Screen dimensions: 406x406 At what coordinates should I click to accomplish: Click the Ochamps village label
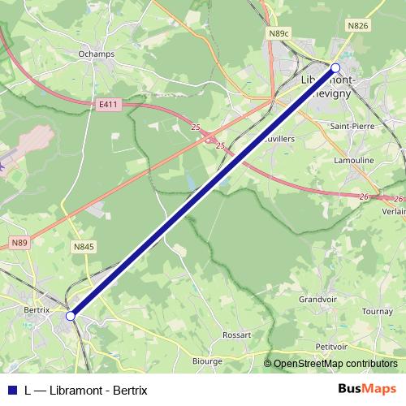(x=97, y=54)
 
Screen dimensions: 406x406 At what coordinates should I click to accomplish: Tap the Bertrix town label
(x=38, y=309)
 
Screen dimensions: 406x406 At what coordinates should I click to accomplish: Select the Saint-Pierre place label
(x=351, y=127)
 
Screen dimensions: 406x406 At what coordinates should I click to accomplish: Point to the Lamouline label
(x=354, y=161)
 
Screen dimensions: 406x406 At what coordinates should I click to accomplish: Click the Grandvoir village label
(x=317, y=299)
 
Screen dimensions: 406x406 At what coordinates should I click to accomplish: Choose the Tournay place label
(x=377, y=311)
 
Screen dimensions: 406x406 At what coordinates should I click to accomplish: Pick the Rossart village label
(x=236, y=334)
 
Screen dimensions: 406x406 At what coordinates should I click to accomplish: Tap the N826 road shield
(x=357, y=27)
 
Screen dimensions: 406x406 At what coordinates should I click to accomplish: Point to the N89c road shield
(x=278, y=33)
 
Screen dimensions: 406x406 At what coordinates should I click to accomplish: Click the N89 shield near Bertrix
(x=20, y=242)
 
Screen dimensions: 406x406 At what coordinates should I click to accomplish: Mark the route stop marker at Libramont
(x=335, y=67)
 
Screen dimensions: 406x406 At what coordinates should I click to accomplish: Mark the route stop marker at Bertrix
(x=71, y=315)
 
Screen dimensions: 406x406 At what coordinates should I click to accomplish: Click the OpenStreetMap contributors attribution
(x=334, y=364)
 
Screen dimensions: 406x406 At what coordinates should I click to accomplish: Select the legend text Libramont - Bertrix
(x=97, y=390)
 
